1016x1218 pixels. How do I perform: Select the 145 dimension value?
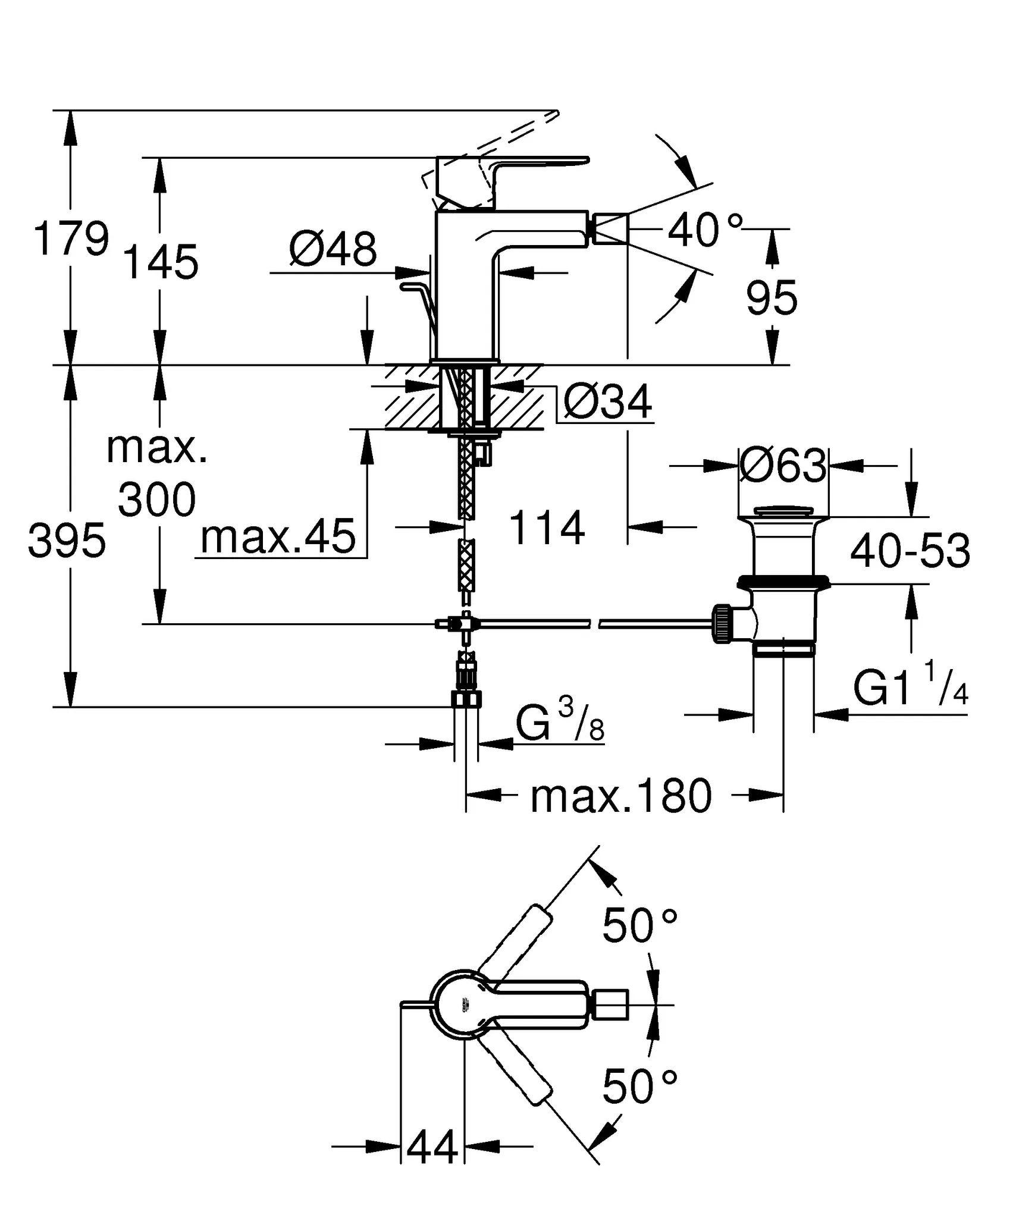pyautogui.click(x=160, y=262)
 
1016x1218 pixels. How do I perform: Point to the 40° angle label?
pyautogui.click(x=705, y=231)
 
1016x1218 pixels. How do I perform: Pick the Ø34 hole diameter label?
pyautogui.click(x=607, y=403)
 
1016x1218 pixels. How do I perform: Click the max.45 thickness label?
pyautogui.click(x=278, y=537)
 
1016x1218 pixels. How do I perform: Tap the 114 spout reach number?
pyautogui.click(x=547, y=528)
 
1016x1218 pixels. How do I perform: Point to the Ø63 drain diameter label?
pyautogui.click(x=783, y=466)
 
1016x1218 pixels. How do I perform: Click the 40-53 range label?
pyautogui.click(x=910, y=552)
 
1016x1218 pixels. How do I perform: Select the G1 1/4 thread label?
pyautogui.click(x=910, y=688)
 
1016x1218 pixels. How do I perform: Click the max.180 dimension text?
pyautogui.click(x=620, y=796)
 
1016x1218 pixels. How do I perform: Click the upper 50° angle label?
pyautogui.click(x=639, y=926)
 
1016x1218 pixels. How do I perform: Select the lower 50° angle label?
pyautogui.click(x=639, y=1086)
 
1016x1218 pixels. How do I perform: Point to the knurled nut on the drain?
pyautogui.click(x=721, y=624)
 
